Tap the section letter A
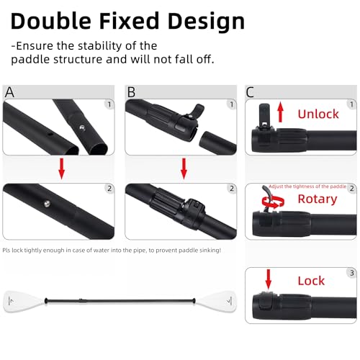click(x=9, y=91)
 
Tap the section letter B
click(x=131, y=91)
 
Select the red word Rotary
click(x=317, y=199)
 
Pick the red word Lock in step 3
click(x=311, y=281)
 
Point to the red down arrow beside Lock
click(x=268, y=276)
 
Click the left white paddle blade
click(x=22, y=300)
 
